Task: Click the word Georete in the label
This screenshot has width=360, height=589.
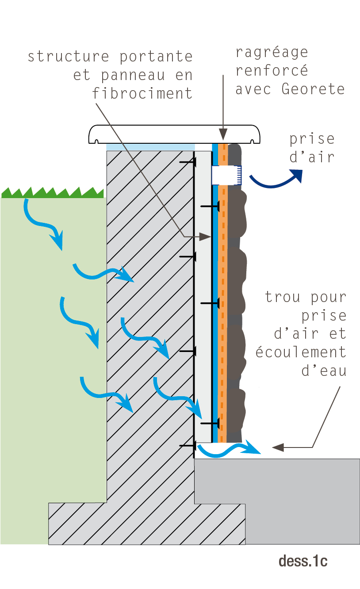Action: (x=313, y=89)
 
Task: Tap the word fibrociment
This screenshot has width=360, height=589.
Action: (x=142, y=93)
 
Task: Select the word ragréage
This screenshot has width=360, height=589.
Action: (x=272, y=53)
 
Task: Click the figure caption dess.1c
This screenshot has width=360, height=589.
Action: (x=303, y=561)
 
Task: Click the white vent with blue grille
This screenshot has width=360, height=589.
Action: (x=226, y=175)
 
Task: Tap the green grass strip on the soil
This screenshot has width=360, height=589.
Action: (x=52, y=193)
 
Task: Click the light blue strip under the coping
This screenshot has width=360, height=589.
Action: (x=150, y=147)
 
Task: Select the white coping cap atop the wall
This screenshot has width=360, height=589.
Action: (x=174, y=134)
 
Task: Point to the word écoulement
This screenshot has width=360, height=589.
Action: (x=301, y=352)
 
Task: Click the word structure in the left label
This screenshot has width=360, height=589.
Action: (x=69, y=57)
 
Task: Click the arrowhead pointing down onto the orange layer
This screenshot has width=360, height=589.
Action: (x=223, y=134)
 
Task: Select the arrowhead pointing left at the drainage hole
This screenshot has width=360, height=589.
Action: (x=278, y=447)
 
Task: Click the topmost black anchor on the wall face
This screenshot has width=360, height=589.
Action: (x=188, y=162)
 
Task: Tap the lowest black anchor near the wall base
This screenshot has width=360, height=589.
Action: (x=188, y=446)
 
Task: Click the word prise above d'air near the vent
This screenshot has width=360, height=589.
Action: (x=312, y=139)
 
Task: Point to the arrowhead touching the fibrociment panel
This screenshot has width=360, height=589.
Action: (x=205, y=237)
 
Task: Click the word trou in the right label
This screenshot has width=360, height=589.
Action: (x=283, y=297)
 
